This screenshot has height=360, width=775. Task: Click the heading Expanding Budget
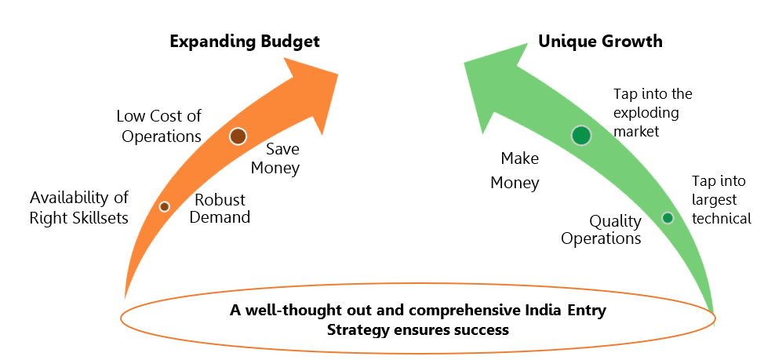pos(245,42)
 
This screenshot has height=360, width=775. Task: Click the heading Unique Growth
pos(600,41)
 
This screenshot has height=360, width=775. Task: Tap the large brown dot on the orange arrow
pos(238,136)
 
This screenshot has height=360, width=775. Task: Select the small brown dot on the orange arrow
pos(165,207)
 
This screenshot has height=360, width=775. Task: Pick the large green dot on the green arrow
pos(581,136)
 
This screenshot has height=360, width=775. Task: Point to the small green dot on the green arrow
pos(668,217)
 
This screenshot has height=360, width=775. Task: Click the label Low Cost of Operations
pos(159,126)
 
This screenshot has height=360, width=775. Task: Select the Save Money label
pos(275,158)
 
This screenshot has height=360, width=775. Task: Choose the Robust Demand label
pos(220,208)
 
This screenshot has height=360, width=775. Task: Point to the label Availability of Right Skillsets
pos(79,207)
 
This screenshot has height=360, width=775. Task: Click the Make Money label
pos(515,171)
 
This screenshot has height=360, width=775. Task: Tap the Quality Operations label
pos(601,230)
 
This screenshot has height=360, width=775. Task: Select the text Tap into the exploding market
pos(653,112)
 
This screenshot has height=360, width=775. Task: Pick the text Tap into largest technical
pos(721,199)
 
